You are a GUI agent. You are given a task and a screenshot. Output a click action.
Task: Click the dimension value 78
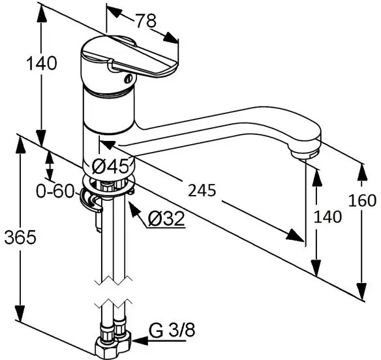point(146,20)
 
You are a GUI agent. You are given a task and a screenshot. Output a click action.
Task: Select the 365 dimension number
point(20,237)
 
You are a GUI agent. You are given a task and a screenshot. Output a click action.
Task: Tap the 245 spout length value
point(202,190)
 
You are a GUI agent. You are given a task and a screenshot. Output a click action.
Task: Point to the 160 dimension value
point(362,201)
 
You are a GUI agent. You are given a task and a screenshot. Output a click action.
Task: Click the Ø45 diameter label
point(110,166)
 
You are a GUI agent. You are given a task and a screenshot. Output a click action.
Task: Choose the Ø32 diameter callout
point(166,218)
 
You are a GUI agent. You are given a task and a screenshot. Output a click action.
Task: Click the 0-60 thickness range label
point(55,191)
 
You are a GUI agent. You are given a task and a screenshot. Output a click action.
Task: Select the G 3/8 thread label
point(172,331)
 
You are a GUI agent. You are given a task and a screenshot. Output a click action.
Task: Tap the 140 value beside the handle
point(42,63)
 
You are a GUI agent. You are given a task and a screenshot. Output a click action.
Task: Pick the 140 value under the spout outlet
point(328,217)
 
